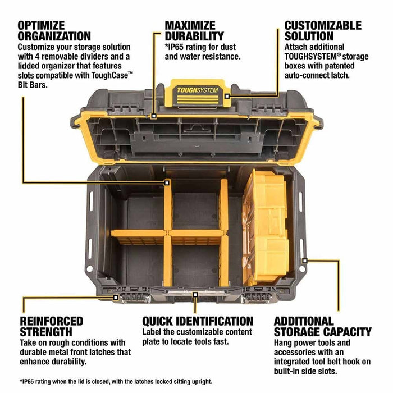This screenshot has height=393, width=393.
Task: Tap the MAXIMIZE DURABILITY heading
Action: [x=194, y=31]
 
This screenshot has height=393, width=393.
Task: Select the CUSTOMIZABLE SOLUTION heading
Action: [x=323, y=31]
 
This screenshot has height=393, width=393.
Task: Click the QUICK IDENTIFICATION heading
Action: [x=198, y=321]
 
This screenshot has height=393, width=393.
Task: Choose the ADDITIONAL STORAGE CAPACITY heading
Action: [x=323, y=327]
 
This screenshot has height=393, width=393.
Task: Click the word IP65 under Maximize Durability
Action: [x=179, y=46]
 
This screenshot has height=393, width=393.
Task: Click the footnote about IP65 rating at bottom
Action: [x=116, y=381]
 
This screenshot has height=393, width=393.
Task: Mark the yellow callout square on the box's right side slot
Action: [x=305, y=260]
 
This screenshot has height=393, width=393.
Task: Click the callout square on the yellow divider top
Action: [x=167, y=182]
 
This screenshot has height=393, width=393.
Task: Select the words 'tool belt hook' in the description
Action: [x=336, y=363]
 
